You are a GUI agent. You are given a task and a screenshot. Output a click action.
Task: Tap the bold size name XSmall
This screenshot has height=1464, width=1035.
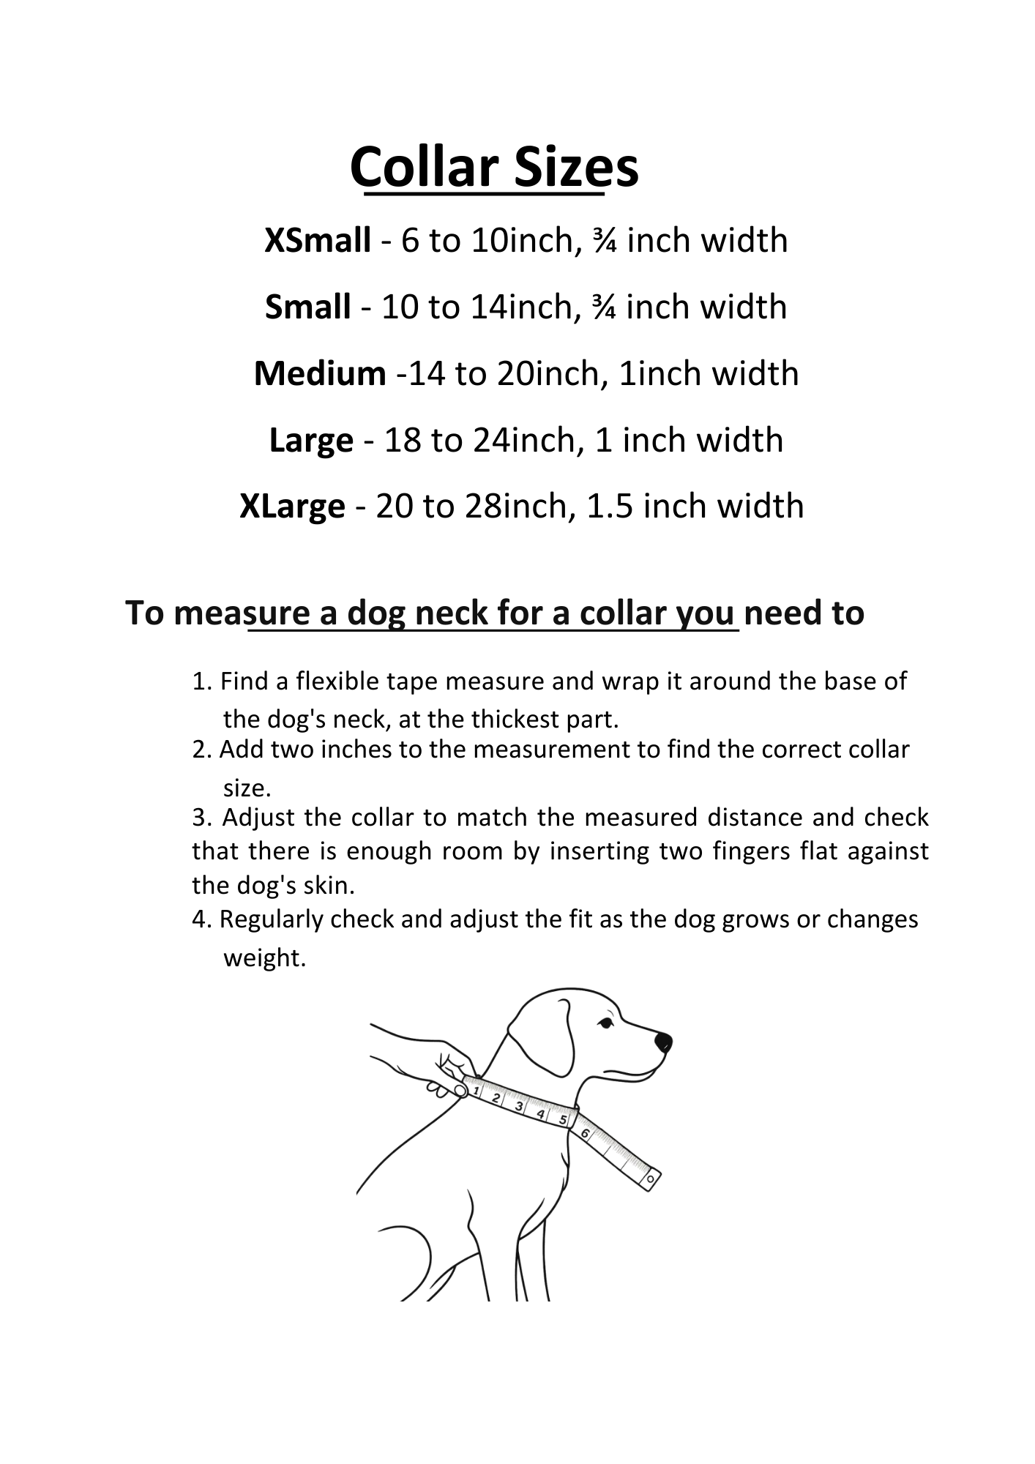(317, 240)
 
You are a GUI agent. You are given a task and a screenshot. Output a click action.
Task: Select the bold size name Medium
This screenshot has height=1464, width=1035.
(320, 373)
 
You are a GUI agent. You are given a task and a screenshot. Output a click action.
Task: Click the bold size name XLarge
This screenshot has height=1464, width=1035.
(292, 506)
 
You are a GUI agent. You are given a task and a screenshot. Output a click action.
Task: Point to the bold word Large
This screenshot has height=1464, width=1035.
(311, 440)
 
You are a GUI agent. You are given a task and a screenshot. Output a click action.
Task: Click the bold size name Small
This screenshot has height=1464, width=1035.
(307, 307)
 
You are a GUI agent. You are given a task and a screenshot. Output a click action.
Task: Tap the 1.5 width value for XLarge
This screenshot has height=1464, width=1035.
(610, 506)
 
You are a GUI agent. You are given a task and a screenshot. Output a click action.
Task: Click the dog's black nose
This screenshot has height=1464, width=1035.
(663, 1041)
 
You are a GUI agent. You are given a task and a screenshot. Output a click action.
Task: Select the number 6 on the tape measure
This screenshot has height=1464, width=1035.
(585, 1134)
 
